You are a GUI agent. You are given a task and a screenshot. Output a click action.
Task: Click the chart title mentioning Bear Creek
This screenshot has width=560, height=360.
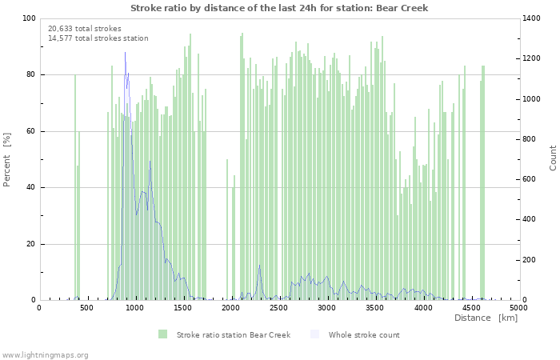pos(279,8)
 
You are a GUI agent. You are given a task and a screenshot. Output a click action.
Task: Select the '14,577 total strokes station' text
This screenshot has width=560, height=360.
pos(98,38)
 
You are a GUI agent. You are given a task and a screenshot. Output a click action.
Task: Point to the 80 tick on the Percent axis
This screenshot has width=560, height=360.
pos(30,75)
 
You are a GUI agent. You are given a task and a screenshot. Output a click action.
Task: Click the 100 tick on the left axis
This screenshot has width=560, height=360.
pos(29,18)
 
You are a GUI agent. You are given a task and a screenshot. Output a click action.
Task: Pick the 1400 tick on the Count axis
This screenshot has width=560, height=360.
pos(534,18)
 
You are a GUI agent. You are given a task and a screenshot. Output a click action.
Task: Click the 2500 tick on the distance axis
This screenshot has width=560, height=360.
pos(279,308)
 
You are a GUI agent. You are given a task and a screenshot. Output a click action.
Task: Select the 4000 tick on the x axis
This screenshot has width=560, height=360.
pos(423,308)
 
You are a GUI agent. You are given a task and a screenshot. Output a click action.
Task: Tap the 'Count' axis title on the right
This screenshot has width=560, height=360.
pos(553,158)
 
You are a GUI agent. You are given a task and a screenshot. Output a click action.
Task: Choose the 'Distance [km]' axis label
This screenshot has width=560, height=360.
pos(486,318)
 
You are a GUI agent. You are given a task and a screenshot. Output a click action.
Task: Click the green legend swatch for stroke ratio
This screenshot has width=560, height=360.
pos(163,334)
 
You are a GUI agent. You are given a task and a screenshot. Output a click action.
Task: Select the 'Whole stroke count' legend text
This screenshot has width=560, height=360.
pos(364,334)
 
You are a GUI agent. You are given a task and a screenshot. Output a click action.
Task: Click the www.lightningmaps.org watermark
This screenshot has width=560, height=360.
pos(45,354)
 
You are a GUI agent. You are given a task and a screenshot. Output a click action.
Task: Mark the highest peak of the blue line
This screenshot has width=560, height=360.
pos(125,53)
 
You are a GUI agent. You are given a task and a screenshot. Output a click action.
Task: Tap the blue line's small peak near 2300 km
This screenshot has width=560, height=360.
pos(259,266)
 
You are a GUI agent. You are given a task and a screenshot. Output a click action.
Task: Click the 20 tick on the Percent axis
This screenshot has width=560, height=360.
pos(30,244)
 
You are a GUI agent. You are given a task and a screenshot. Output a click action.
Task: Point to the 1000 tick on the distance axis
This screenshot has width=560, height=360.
pos(135,308)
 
